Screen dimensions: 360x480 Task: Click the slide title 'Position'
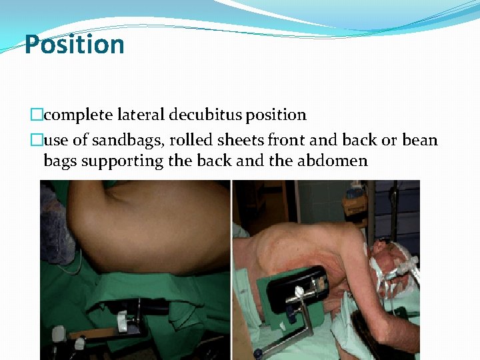[74, 45]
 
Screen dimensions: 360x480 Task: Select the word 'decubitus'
[206, 115]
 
